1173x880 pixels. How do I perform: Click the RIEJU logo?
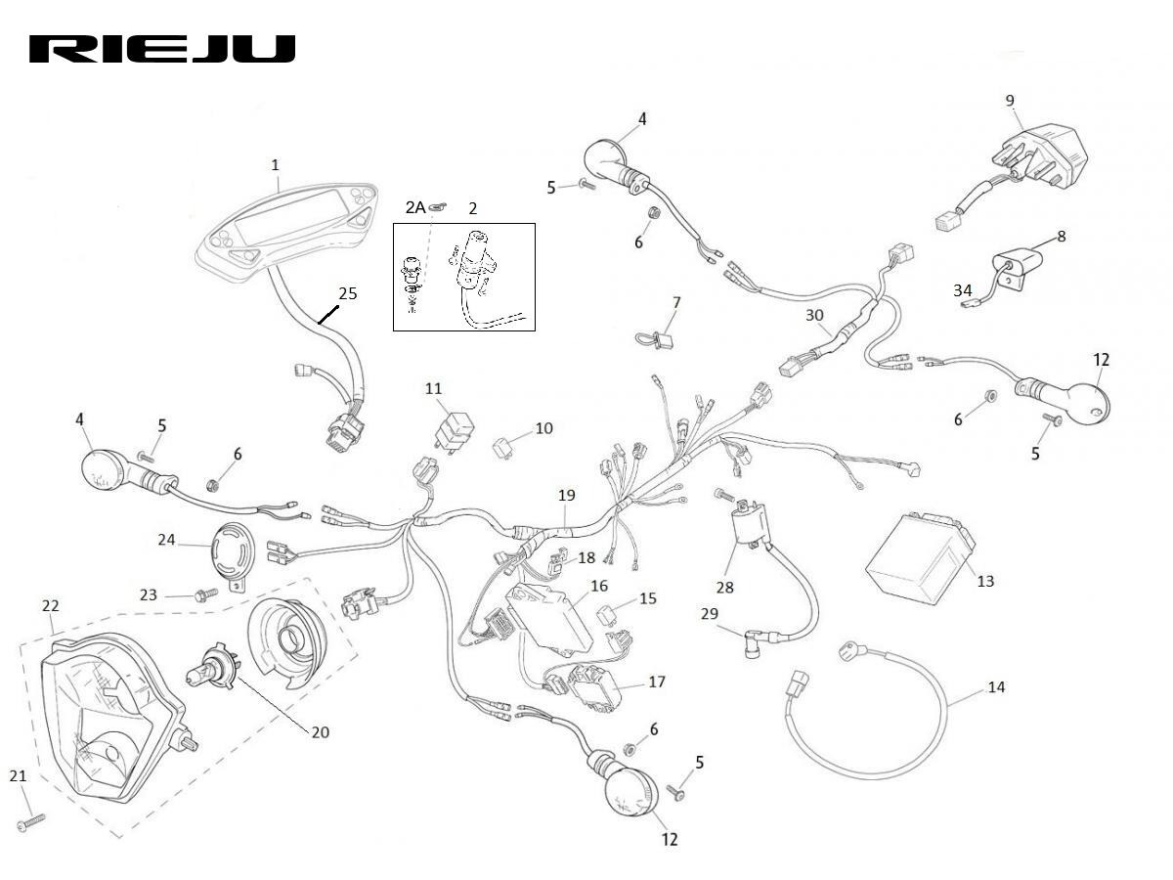click(162, 50)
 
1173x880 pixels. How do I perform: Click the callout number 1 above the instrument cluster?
click(276, 164)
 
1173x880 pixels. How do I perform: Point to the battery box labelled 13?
click(919, 557)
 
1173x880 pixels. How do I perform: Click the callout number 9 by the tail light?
click(1010, 100)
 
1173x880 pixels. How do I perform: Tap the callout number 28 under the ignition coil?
click(724, 588)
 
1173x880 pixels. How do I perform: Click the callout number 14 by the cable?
click(995, 687)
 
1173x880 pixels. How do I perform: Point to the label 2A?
click(415, 207)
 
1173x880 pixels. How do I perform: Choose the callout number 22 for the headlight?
click(51, 606)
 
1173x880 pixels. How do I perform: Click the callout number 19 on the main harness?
click(566, 496)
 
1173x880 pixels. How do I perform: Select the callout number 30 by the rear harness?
click(814, 315)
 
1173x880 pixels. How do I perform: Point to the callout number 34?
click(963, 290)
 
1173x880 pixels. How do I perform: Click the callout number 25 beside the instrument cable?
click(348, 292)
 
